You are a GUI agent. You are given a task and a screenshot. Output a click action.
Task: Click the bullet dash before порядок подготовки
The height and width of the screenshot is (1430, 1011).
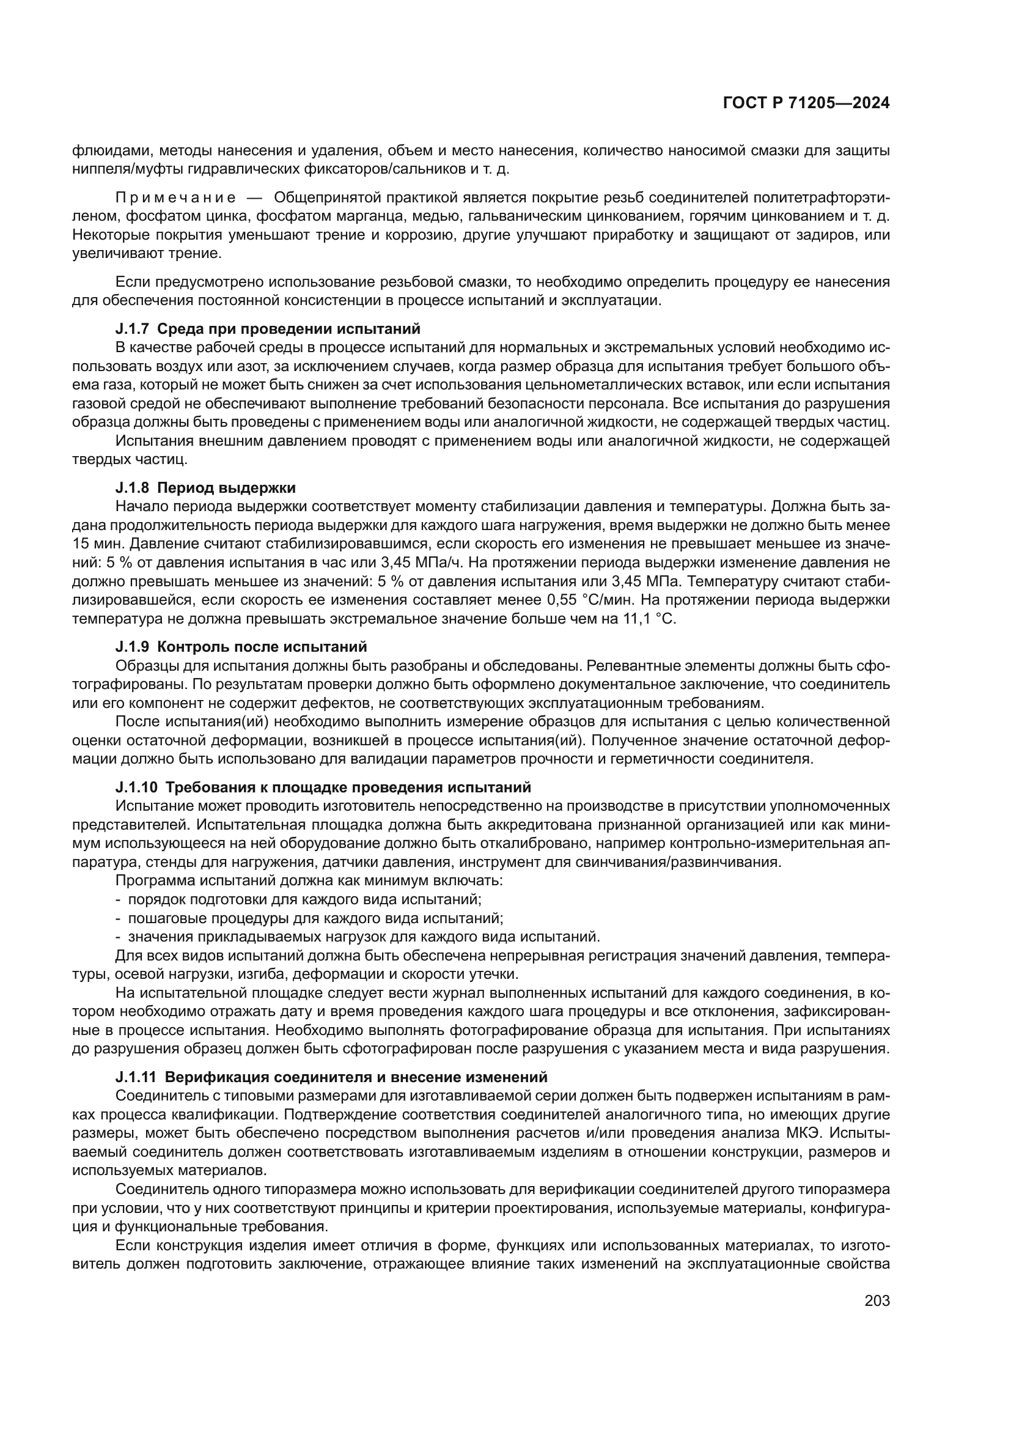pyautogui.click(x=119, y=899)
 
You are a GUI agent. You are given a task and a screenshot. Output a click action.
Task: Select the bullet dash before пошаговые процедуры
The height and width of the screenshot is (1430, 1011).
pyautogui.click(x=119, y=918)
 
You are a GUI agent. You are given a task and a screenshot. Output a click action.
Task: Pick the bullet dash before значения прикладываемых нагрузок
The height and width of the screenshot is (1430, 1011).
pyautogui.click(x=119, y=937)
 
